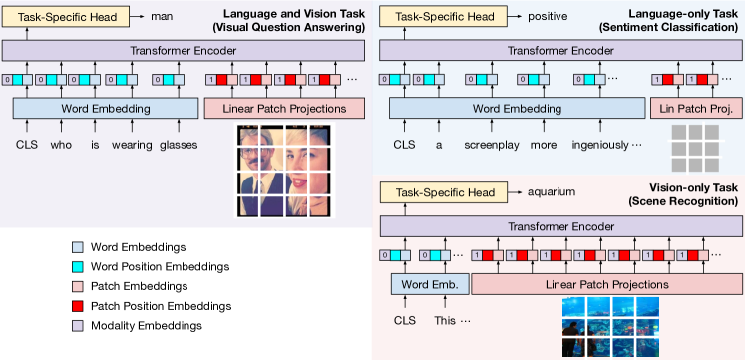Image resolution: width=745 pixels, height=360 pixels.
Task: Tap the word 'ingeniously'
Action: pyautogui.click(x=600, y=144)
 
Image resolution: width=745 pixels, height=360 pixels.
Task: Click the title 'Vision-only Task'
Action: pyautogui.click(x=682, y=187)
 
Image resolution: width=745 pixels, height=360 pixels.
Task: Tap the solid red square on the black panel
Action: pyautogui.click(x=78, y=305)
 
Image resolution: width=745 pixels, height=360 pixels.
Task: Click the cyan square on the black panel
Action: pyautogui.click(x=78, y=266)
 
